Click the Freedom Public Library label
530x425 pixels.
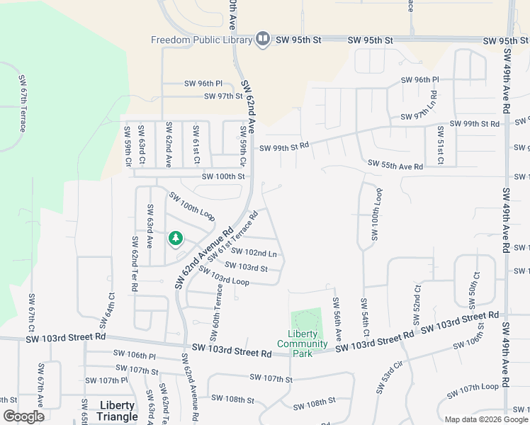pyautogui.click(x=201, y=40)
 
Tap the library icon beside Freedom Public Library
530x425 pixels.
pyautogui.click(x=263, y=39)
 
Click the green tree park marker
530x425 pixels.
pyautogui.click(x=175, y=239)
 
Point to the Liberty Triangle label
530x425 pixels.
pyautogui.click(x=117, y=410)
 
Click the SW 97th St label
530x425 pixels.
pyautogui.click(x=223, y=96)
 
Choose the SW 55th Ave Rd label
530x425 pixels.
pyautogui.click(x=395, y=165)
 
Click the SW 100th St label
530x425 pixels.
pyautogui.click(x=223, y=176)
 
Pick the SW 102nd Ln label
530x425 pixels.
pyautogui.click(x=254, y=253)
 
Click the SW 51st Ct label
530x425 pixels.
pyautogui.click(x=440, y=145)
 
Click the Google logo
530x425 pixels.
pyautogui.click(x=23, y=416)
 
